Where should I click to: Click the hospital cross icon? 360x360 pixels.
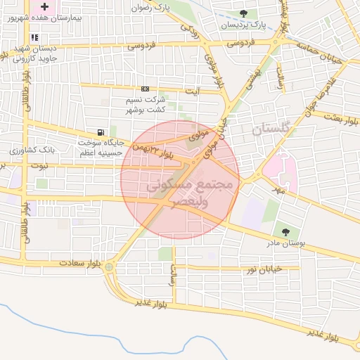tap(45, 6)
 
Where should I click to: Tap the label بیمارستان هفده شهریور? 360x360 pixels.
tap(41, 18)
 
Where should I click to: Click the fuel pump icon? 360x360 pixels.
tap(102, 132)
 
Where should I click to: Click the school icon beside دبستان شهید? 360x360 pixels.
tap(34, 38)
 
